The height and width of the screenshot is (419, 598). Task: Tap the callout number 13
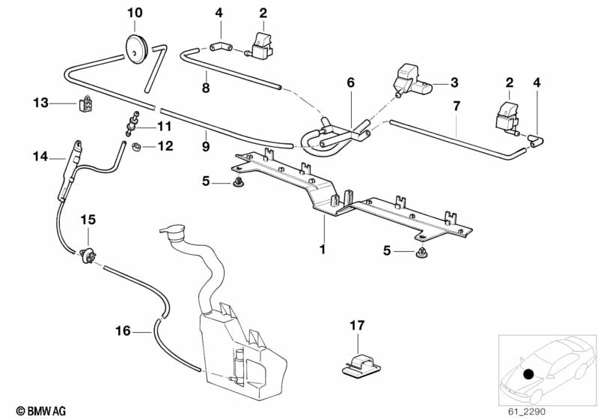(40, 102)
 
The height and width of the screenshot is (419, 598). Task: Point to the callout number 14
(40, 157)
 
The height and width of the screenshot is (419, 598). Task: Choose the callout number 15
(88, 220)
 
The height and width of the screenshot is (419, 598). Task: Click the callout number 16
(123, 330)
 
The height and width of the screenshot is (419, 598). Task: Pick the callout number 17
(357, 325)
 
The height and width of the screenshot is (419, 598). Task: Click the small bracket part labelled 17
(358, 361)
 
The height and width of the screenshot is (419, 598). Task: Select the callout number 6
(350, 83)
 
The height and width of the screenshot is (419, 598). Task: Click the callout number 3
(454, 82)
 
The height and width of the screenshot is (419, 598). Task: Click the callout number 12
(165, 146)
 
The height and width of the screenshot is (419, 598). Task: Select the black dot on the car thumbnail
(529, 374)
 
